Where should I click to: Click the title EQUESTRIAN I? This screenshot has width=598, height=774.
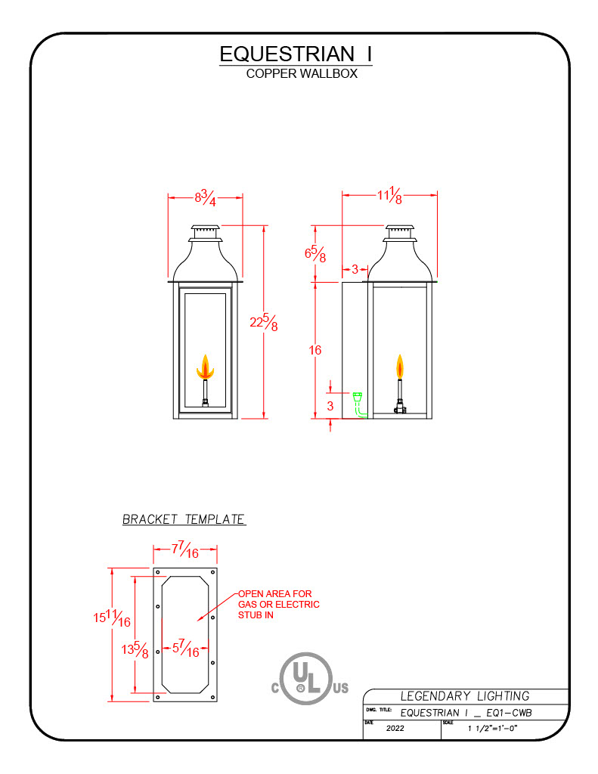(296, 54)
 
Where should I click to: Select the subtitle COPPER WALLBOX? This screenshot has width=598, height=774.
(302, 74)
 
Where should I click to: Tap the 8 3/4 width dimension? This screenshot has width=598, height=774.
(205, 200)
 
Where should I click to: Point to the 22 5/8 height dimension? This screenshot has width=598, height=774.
(263, 323)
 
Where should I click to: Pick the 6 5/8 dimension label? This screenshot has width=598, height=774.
(314, 253)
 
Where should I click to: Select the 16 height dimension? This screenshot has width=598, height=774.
(314, 350)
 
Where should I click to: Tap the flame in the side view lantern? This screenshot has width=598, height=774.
(399, 368)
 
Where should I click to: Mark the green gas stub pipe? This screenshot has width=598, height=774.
(360, 404)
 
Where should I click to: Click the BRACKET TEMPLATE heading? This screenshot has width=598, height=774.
(184, 519)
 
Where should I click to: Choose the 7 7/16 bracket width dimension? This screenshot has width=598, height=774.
(184, 551)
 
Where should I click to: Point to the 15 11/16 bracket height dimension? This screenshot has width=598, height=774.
(112, 619)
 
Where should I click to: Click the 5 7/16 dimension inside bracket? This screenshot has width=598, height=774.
(186, 648)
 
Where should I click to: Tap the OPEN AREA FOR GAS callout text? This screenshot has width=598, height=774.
(278, 605)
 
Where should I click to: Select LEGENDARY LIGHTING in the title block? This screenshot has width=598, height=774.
(464, 696)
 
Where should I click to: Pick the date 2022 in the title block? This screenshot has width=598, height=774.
(395, 729)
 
